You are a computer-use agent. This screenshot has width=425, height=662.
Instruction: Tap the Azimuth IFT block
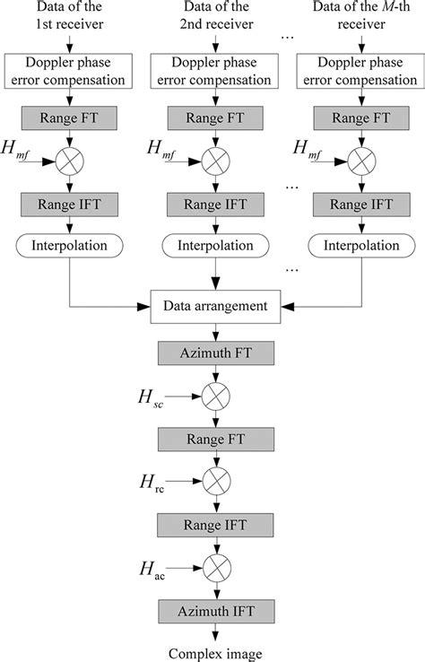(214, 613)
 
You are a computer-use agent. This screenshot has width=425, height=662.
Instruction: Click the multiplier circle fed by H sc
(214, 396)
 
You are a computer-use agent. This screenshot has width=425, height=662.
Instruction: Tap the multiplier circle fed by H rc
(214, 482)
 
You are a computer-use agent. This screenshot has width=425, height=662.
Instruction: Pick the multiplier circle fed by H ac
(214, 567)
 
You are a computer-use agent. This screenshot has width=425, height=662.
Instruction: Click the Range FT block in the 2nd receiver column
(214, 118)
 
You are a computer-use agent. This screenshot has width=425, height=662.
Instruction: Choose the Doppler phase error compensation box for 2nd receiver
(214, 72)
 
